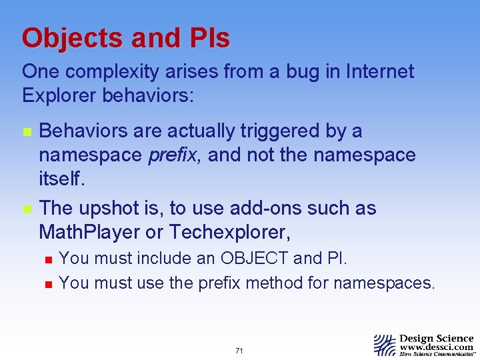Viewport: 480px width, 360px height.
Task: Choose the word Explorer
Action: click(59, 95)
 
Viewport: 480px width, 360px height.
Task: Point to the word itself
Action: click(61, 179)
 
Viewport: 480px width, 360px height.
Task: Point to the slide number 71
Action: click(239, 350)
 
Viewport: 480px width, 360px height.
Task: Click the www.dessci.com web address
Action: click(436, 347)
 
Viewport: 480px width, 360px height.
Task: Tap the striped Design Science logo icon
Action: click(385, 345)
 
